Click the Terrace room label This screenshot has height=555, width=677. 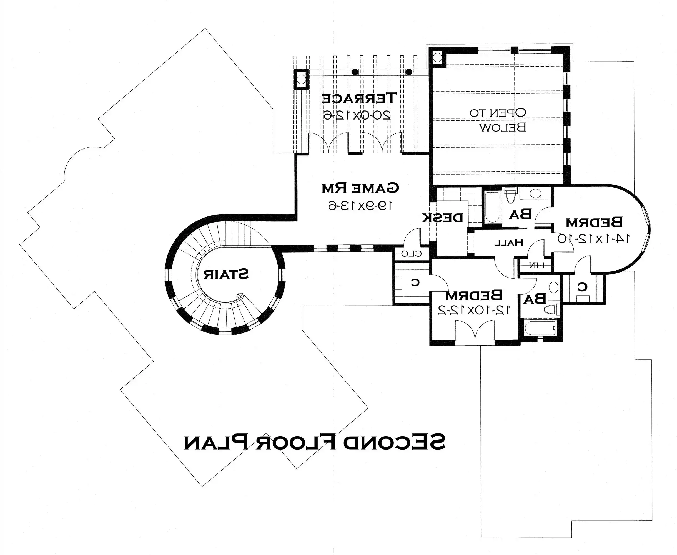(x=359, y=98)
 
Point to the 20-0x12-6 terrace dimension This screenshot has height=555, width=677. (x=357, y=115)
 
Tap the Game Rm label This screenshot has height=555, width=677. (x=360, y=188)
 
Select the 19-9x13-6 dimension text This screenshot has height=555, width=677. (x=360, y=206)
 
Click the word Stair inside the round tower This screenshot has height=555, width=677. (x=226, y=274)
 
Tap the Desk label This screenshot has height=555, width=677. (x=442, y=218)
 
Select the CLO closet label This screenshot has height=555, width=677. (x=411, y=254)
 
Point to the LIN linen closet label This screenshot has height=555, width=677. (x=535, y=265)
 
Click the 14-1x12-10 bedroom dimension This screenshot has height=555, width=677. (x=593, y=238)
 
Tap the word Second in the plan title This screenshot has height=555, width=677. (x=395, y=442)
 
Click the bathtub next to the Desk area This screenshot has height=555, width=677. (x=492, y=207)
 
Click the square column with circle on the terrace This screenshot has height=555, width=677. (x=301, y=79)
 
